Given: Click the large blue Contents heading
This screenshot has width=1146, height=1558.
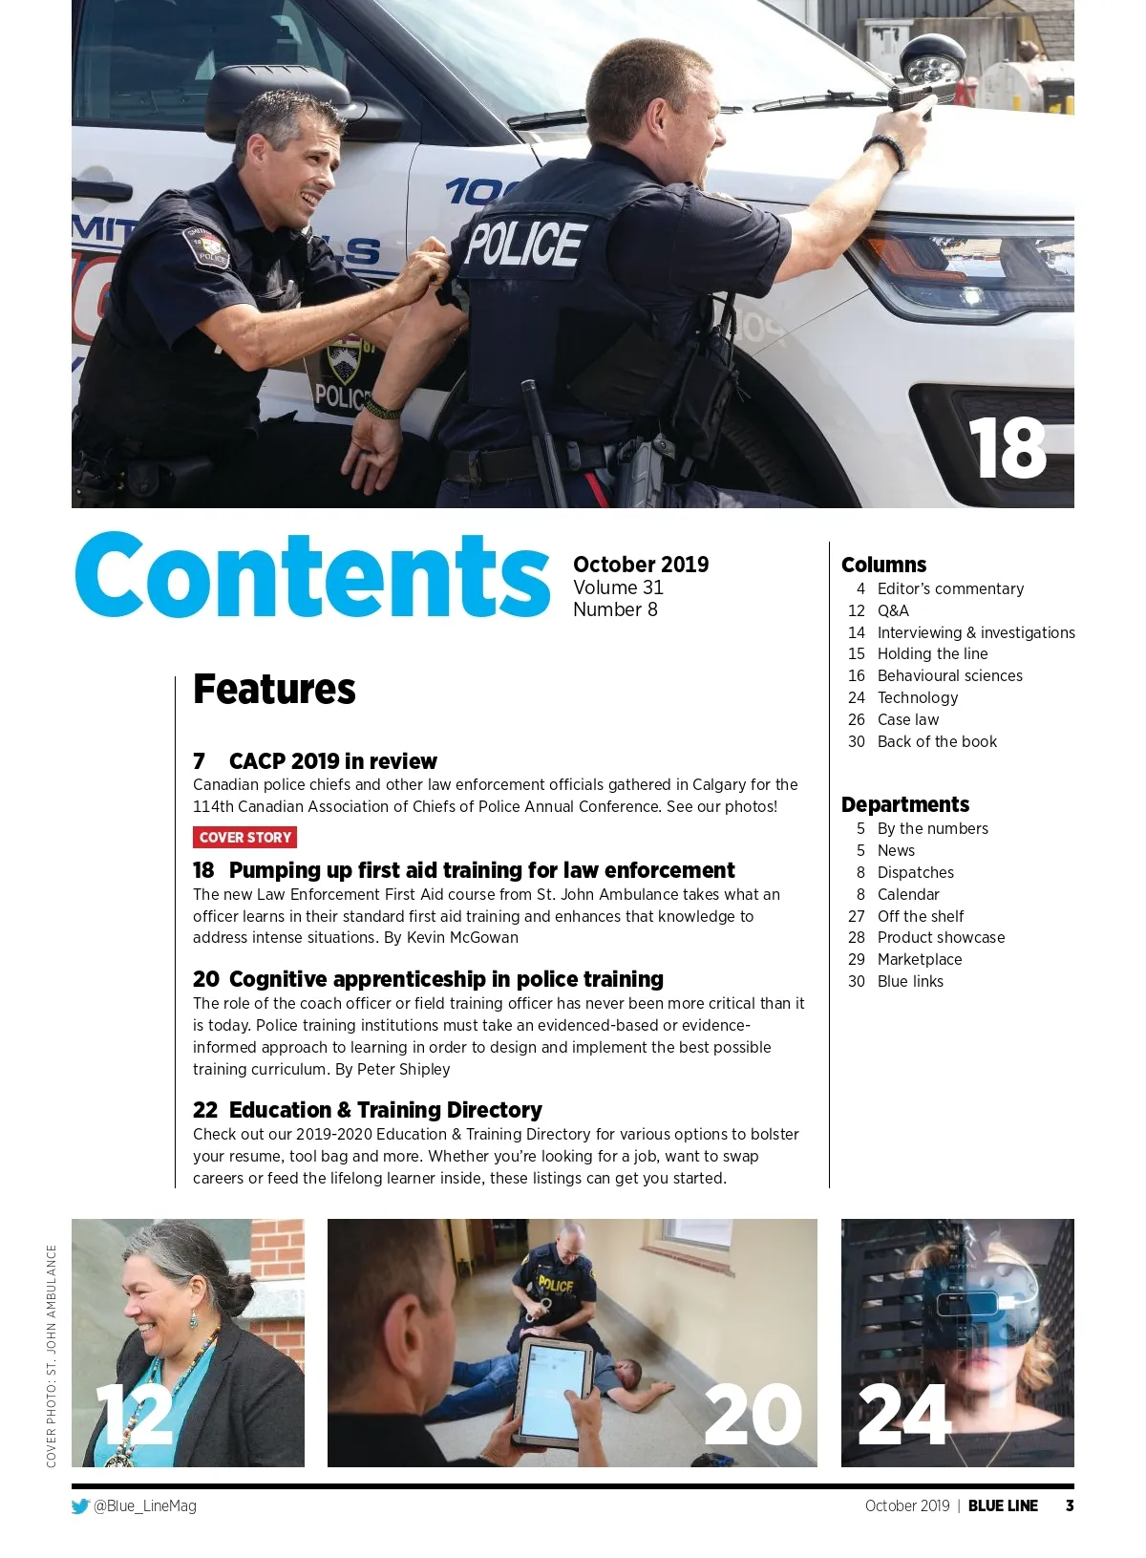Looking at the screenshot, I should coord(313,575).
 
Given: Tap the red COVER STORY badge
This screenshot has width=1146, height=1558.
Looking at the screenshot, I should coord(244,838).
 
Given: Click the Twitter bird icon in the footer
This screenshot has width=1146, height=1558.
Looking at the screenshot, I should coord(80,1506).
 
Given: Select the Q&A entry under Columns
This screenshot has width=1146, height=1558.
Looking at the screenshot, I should coord(893,610).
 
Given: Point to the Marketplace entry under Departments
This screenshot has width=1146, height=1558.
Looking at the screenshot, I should coord(919,959).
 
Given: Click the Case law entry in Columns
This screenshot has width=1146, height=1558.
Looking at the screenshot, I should coord(907,719).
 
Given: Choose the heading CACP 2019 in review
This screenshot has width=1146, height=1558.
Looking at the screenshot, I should coord(332,761).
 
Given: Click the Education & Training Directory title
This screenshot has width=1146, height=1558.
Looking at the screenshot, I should coord(385,1110).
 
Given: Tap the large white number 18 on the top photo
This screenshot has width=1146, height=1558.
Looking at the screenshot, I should coord(1007,449).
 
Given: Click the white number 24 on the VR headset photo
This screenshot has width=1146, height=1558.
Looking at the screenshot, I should coord(903,1416).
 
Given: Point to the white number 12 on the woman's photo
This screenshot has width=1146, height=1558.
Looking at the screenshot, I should coord(135,1416).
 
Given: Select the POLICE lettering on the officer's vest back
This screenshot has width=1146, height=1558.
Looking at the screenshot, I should coord(524,245).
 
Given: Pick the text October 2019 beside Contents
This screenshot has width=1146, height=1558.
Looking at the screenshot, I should coord(641,565).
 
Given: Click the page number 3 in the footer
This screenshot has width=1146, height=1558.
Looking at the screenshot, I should coord(1070,1505).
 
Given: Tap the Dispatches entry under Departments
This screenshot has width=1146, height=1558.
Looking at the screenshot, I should coord(915,872).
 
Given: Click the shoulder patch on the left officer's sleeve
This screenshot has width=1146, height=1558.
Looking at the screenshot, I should coord(207,246).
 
